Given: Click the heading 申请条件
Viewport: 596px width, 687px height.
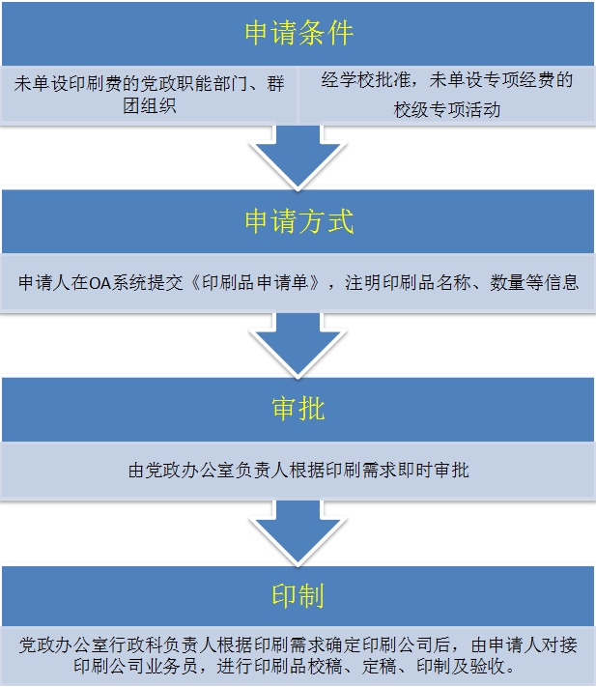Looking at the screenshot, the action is (x=298, y=33).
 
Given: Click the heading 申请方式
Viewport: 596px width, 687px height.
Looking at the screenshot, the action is (x=298, y=220).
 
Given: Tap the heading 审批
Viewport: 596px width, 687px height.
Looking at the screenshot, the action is (x=298, y=409).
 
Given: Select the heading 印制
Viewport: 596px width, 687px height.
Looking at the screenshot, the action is (x=298, y=596).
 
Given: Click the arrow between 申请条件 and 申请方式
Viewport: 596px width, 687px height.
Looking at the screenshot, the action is (x=298, y=157).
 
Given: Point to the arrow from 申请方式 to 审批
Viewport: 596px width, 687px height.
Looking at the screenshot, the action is (x=298, y=344).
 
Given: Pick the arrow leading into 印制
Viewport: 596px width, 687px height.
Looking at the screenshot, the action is (x=298, y=531).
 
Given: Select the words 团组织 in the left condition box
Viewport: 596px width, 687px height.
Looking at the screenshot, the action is (x=150, y=105).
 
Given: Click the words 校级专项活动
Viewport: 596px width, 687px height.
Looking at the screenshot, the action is (x=446, y=109).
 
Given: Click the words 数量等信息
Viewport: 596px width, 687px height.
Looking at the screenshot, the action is (x=534, y=283).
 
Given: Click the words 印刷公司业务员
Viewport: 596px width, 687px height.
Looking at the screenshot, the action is (x=135, y=667).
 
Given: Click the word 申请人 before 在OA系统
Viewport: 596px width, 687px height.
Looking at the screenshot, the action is (x=44, y=283).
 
